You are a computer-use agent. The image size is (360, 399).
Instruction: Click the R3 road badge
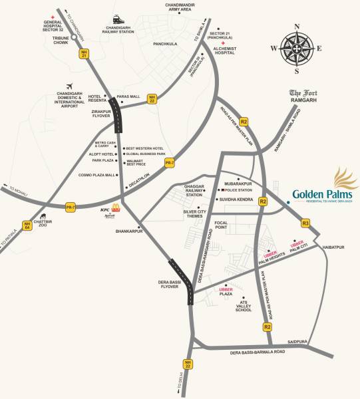pyautogui.click(x=305, y=223)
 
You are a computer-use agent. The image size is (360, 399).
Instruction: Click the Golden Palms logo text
pyautogui.click(x=323, y=194)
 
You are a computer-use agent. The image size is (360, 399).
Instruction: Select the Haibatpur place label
pyautogui.click(x=335, y=247)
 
